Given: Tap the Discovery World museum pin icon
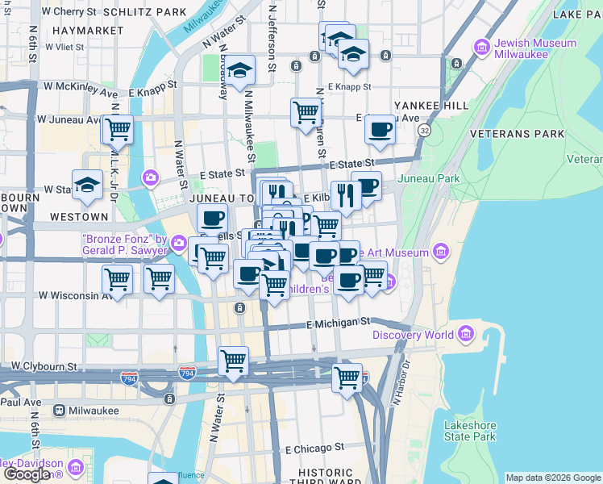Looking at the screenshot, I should point(465,334).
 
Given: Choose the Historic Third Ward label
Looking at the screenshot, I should point(325,478).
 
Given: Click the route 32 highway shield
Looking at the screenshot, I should point(424,130).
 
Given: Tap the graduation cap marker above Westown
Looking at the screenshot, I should point(87,185).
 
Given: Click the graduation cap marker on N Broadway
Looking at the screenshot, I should point(239,70).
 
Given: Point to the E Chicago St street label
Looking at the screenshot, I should point(314,446).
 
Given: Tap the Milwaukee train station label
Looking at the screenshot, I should point(94,411).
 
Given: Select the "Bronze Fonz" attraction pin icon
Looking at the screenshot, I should point(179,244).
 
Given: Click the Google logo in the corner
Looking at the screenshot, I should point(27,474).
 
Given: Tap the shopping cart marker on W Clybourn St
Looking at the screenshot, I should point(233,361).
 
